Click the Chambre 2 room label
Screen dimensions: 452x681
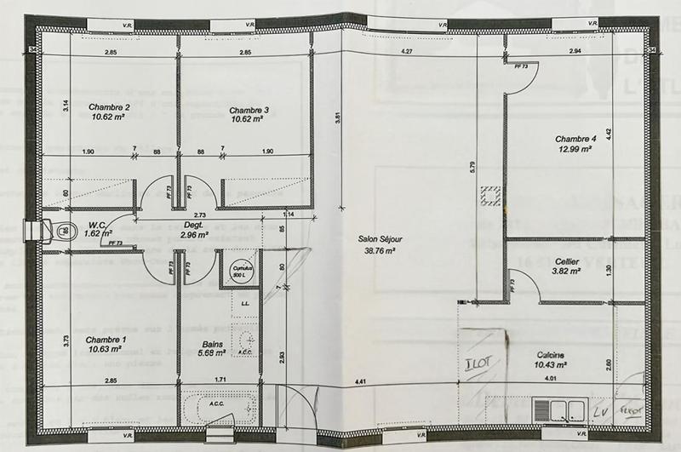point(109,107)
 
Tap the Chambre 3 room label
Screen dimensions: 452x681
point(249,110)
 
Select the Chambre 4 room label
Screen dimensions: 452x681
point(576,139)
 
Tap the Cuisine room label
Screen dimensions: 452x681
point(553,355)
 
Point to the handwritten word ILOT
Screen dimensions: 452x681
point(476,363)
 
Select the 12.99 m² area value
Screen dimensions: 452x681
point(576,148)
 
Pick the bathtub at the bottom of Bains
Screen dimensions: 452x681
point(218,406)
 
